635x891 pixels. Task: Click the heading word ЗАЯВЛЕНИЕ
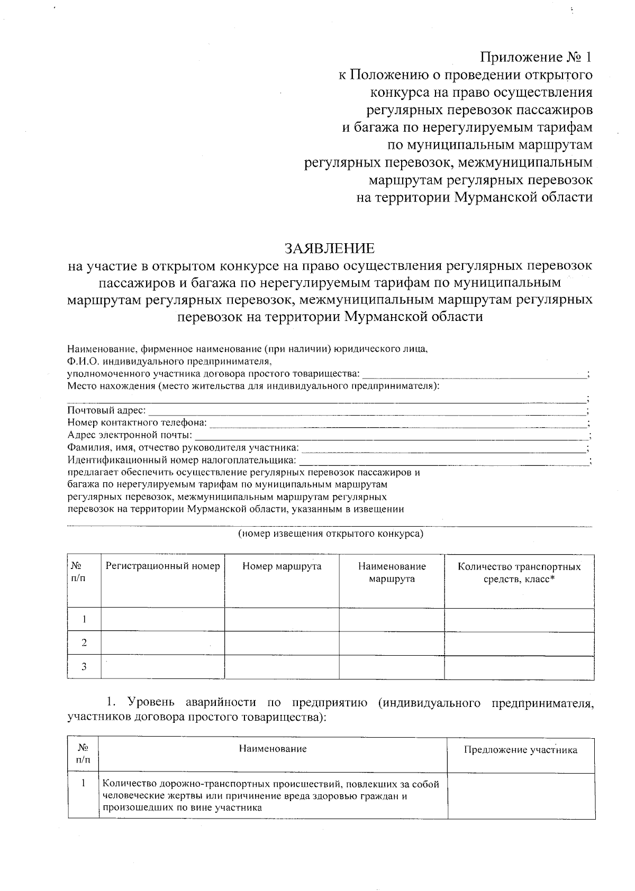tap(330, 249)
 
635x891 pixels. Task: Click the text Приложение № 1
tap(536, 57)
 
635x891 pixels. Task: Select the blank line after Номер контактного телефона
tap(397, 423)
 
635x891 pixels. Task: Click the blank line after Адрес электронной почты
tap(392, 436)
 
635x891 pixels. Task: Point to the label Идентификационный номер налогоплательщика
tap(182, 461)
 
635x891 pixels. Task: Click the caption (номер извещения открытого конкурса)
tap(330, 534)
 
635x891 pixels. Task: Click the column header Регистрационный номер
tap(162, 566)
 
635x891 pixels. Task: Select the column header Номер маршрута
tap(282, 566)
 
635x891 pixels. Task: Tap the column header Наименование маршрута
tap(392, 572)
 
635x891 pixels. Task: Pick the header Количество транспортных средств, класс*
tap(519, 572)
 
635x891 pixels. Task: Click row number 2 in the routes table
tap(84, 643)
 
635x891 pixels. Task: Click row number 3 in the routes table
tap(84, 667)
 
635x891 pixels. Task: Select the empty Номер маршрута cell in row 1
tap(282, 619)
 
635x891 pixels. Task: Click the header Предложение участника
tap(520, 750)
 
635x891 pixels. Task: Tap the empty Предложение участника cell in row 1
tap(520, 796)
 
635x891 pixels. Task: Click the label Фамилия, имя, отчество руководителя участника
tap(183, 448)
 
